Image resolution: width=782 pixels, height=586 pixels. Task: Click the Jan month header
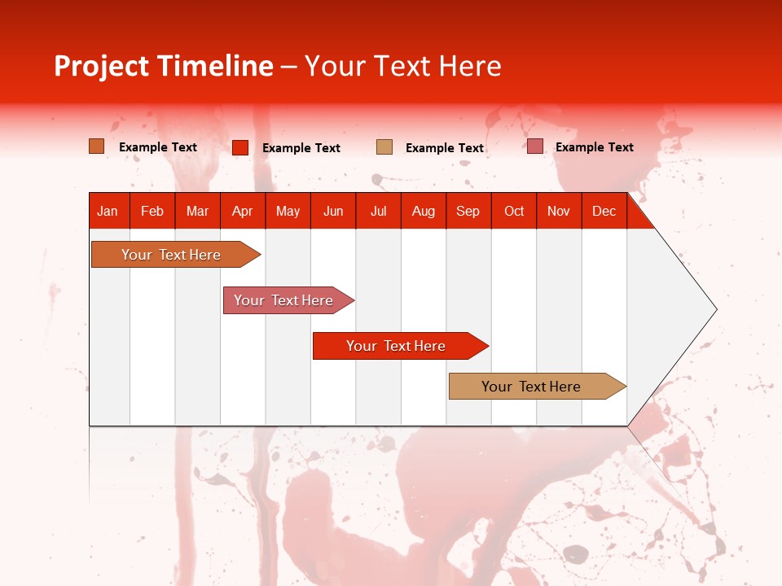tap(108, 211)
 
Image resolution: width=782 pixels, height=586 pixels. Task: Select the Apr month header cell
tap(242, 211)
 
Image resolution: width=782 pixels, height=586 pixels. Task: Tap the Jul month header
tap(378, 211)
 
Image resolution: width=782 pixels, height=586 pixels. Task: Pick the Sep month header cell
tap(468, 211)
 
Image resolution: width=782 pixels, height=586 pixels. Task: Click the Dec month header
tap(604, 211)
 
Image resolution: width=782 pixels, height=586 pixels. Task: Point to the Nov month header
tap(558, 211)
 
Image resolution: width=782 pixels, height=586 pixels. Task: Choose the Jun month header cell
tap(333, 211)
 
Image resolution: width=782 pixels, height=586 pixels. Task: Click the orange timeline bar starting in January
tap(171, 255)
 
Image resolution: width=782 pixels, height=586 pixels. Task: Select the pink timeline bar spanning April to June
tap(283, 300)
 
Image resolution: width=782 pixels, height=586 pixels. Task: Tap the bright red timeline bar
tap(396, 346)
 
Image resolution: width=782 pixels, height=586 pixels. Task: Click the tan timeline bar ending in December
tap(531, 387)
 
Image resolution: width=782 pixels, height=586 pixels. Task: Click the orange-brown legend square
tap(97, 146)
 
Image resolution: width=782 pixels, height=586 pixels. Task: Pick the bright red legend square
tap(240, 147)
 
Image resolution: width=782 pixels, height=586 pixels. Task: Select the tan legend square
tap(384, 146)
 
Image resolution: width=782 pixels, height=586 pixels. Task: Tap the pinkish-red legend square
tap(535, 146)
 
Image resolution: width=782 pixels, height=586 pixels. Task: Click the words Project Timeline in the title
tap(163, 66)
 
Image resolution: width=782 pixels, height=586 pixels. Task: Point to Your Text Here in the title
tap(403, 66)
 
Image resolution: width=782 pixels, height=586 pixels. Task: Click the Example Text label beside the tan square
tap(445, 147)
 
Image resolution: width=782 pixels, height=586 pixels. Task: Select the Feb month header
tap(152, 211)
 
